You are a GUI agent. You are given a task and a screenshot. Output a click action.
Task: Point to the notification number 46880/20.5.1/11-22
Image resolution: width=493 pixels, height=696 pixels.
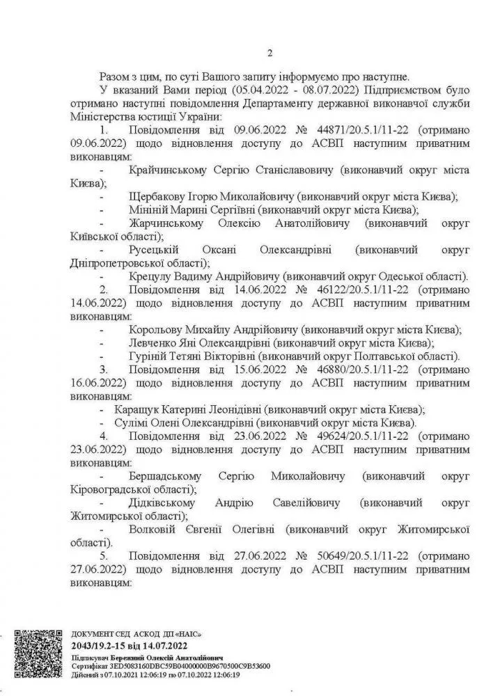click(341, 368)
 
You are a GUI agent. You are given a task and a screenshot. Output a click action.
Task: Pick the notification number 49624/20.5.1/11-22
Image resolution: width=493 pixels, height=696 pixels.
click(341, 436)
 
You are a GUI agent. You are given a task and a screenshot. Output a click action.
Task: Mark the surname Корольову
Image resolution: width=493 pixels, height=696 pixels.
click(159, 329)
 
